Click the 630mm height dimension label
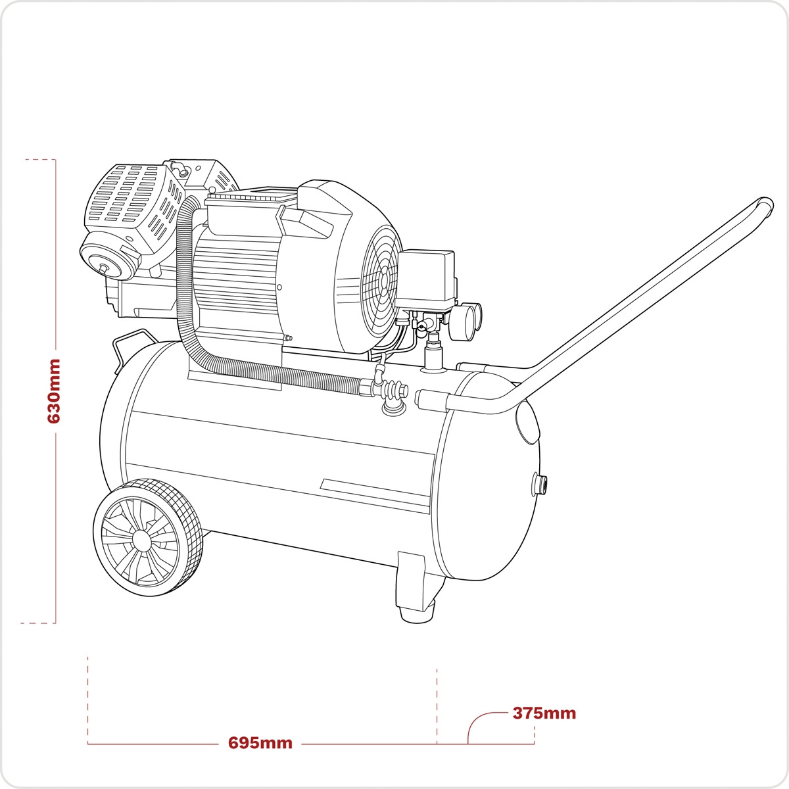(x=54, y=391)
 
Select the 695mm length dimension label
(x=260, y=743)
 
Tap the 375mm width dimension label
(x=544, y=713)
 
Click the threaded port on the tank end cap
(x=540, y=483)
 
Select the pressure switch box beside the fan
(x=426, y=279)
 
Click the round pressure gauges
(x=466, y=321)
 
